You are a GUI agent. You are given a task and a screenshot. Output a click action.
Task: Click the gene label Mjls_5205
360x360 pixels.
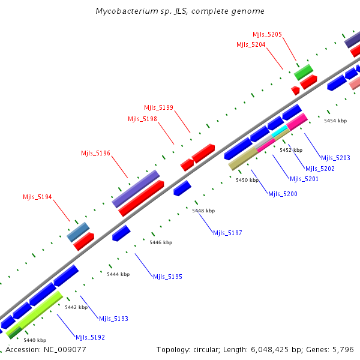click(267, 35)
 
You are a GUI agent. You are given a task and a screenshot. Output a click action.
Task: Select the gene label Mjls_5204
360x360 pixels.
click(251, 44)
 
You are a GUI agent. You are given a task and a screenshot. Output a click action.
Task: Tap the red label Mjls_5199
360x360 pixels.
click(158, 108)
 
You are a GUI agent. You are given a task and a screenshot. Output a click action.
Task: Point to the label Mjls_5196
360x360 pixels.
click(96, 154)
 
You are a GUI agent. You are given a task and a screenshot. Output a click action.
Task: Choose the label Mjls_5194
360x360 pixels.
click(37, 197)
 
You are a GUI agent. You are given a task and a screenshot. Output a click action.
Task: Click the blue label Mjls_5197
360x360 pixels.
click(227, 233)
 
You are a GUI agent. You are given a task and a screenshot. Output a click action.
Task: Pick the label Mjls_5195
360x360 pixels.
click(167, 277)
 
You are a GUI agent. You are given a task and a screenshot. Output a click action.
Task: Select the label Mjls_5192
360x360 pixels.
click(90, 337)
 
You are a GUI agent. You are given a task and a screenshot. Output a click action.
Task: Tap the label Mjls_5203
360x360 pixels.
click(335, 158)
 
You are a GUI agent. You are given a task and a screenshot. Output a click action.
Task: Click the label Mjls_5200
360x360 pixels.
click(283, 194)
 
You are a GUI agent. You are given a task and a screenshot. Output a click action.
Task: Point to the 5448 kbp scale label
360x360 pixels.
click(203, 211)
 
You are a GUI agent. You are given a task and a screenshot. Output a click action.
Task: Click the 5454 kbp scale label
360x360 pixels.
click(335, 121)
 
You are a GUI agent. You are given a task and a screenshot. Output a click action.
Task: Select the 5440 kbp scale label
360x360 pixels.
click(35, 340)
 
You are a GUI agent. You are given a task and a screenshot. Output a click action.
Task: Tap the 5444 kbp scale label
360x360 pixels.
click(118, 274)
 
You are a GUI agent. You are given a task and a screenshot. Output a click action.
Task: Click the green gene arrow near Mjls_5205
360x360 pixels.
click(303, 72)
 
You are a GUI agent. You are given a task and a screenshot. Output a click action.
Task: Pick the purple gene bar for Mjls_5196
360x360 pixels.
click(136, 188)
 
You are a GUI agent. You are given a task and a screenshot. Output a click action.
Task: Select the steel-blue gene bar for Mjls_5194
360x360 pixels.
click(78, 232)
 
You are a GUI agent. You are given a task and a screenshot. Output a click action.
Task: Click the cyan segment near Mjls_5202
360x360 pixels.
click(280, 135)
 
